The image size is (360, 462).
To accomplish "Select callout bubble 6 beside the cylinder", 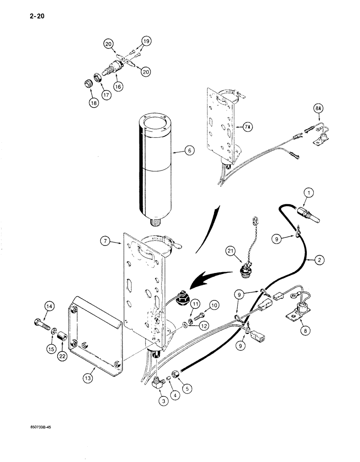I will (177, 150).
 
